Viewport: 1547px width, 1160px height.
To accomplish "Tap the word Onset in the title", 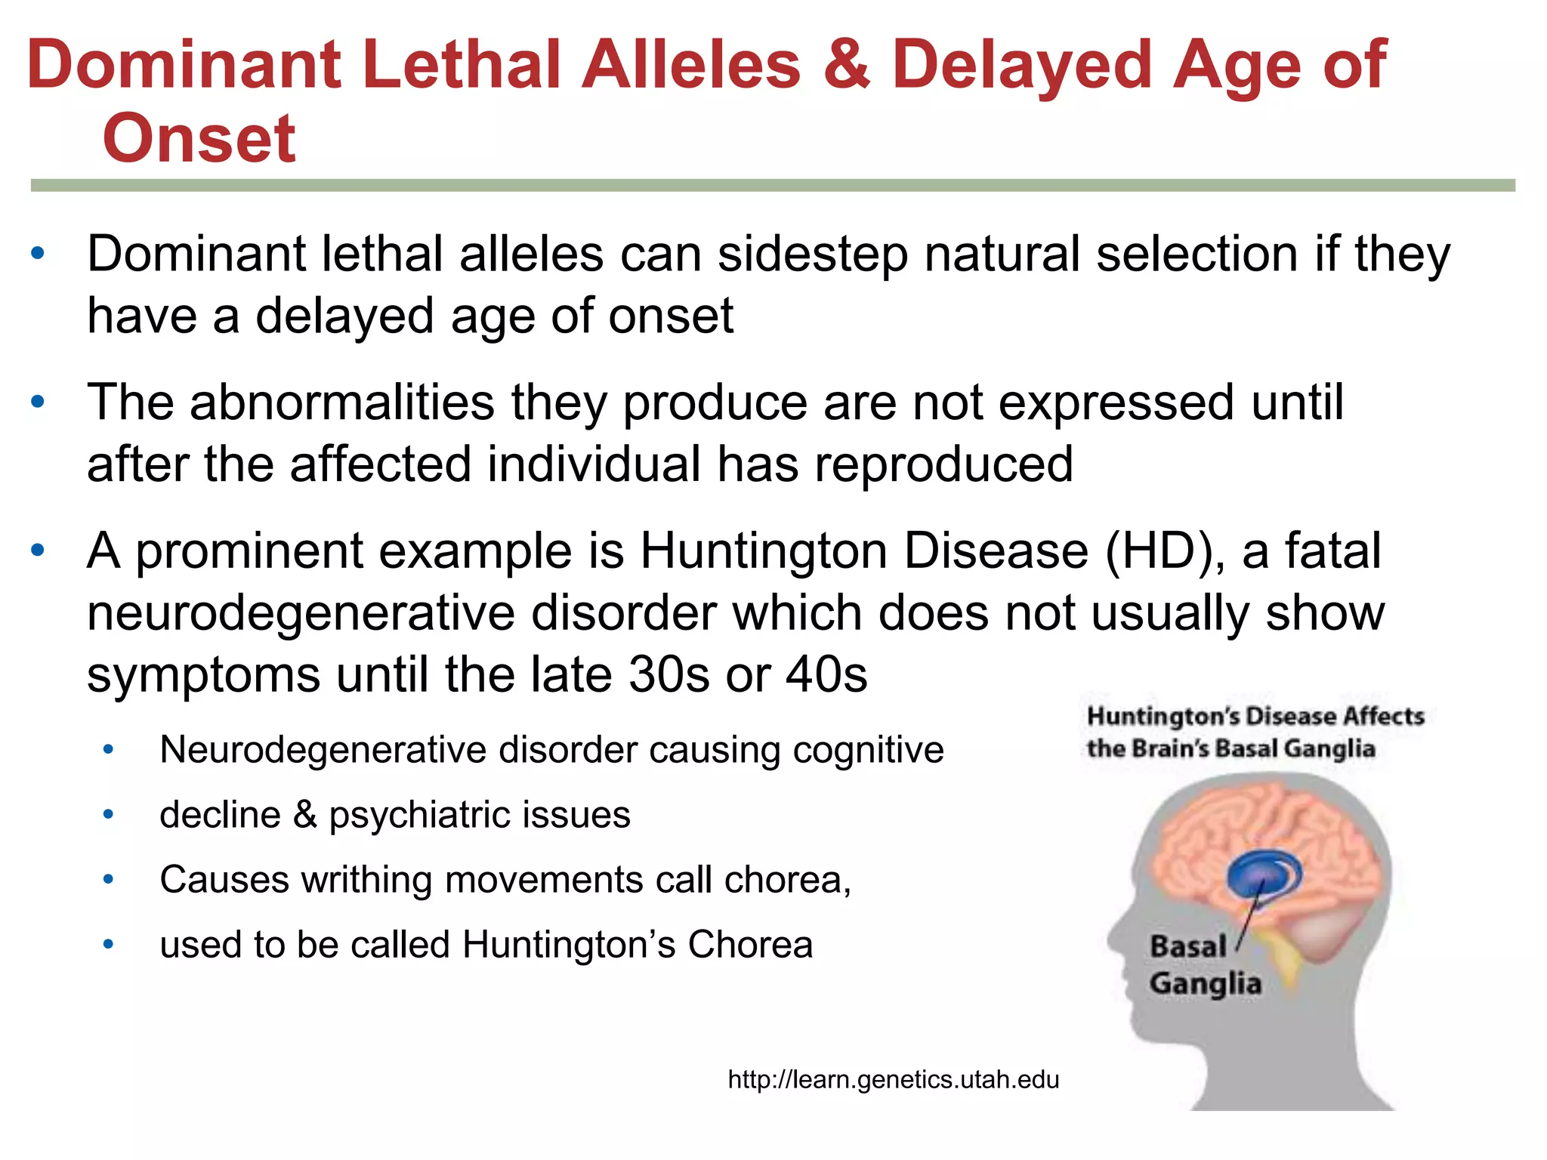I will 199,139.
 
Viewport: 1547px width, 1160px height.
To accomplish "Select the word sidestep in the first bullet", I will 812,255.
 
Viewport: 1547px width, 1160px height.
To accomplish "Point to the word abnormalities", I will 341,403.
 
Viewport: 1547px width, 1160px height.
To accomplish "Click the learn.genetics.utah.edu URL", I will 893,1080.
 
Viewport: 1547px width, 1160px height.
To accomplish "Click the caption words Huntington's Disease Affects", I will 1255,716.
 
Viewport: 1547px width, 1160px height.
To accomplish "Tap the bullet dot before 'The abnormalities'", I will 39,402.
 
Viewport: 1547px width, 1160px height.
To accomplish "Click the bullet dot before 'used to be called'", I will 109,945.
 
